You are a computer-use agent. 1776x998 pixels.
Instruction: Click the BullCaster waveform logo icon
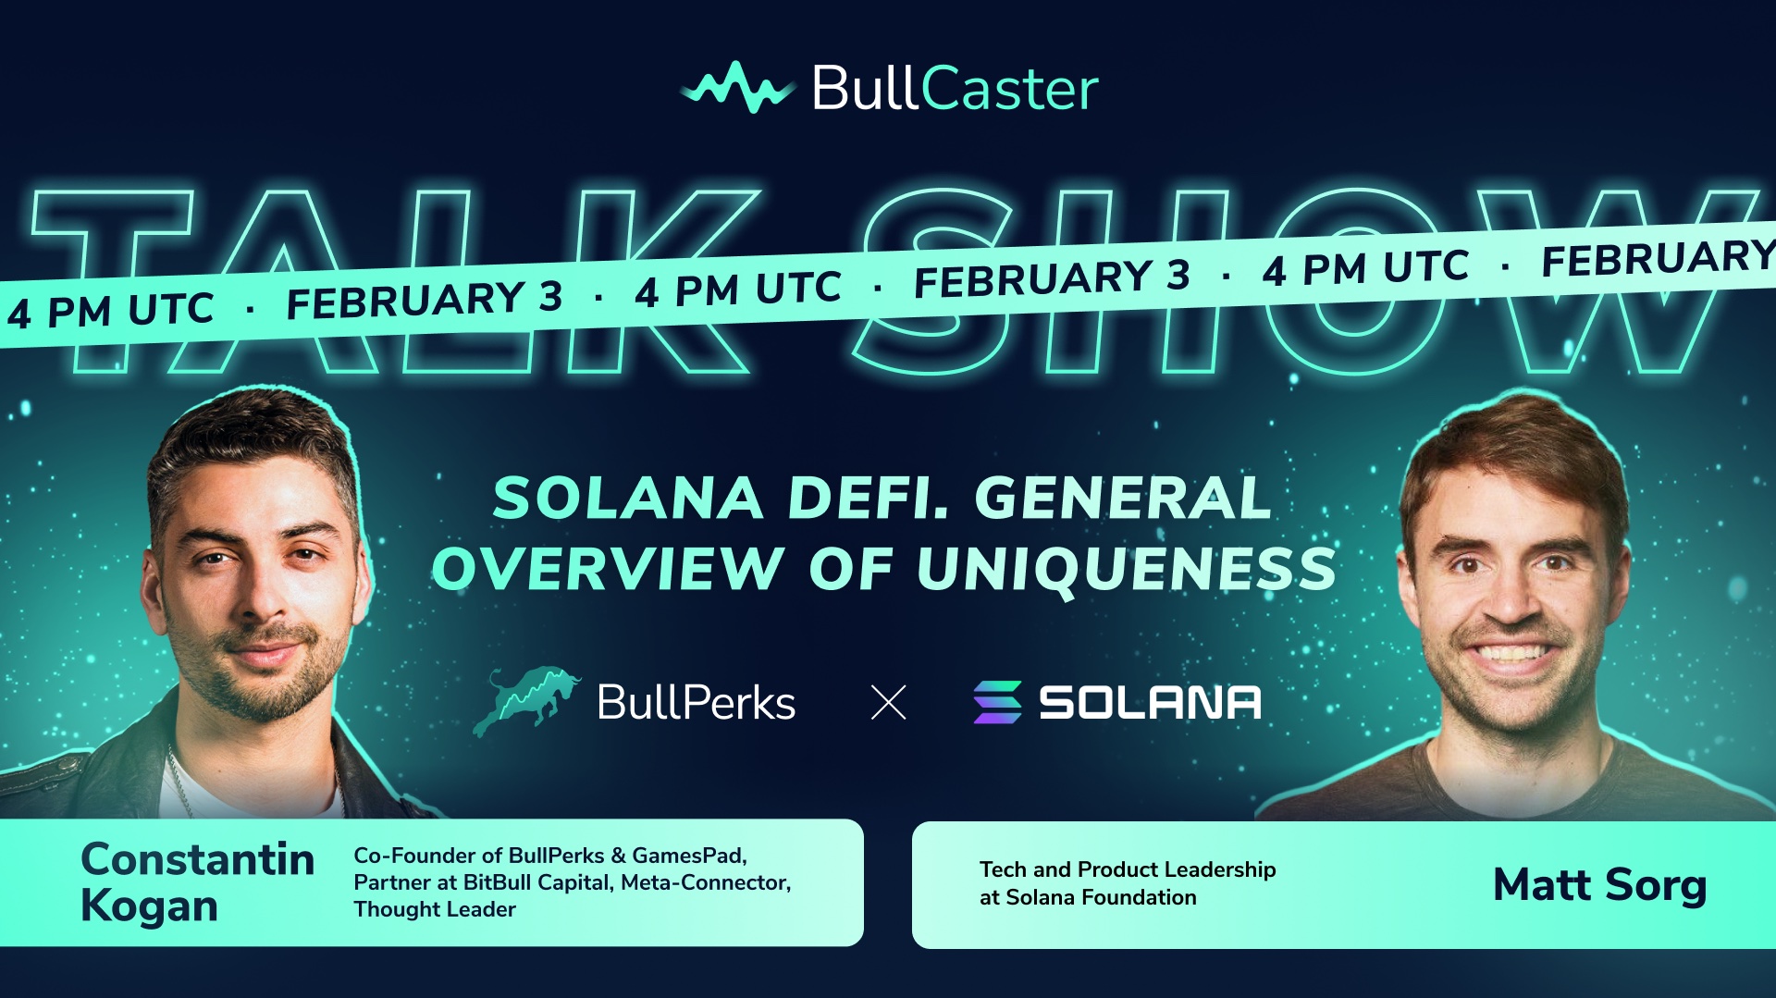[737, 88]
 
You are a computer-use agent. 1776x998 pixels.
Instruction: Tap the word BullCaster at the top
[956, 89]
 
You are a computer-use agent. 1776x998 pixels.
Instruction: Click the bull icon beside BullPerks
[525, 701]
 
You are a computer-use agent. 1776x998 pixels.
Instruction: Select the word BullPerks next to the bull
[696, 703]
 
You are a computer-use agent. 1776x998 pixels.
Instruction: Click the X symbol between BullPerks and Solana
[889, 703]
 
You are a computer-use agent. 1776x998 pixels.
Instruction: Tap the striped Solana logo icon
[997, 702]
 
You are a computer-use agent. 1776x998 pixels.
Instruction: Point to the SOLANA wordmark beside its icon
[1150, 703]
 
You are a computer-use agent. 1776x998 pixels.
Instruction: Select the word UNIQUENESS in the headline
[1127, 569]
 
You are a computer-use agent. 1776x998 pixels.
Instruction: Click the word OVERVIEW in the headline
[609, 568]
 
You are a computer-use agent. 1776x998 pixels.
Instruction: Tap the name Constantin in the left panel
[198, 859]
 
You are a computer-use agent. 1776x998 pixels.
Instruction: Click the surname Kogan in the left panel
[150, 906]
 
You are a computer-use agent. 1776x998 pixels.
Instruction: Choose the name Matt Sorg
[1599, 885]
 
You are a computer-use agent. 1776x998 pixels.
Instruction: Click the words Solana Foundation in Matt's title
[1101, 897]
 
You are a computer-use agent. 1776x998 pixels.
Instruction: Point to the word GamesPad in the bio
[689, 856]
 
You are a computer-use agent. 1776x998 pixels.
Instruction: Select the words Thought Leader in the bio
[435, 909]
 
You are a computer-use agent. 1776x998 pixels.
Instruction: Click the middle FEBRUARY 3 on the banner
[1052, 278]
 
